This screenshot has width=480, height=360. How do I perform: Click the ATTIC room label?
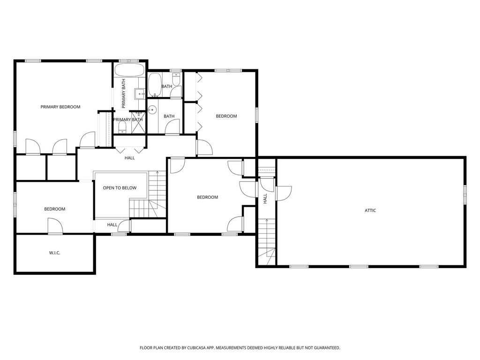point(370,210)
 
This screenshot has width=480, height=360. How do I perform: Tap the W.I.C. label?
point(54,253)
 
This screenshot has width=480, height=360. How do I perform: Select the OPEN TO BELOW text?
point(120,188)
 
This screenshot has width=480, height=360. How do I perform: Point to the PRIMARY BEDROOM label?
point(60,107)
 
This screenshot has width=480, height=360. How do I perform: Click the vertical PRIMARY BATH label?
point(124,93)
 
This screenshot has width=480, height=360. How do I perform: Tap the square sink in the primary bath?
point(140,94)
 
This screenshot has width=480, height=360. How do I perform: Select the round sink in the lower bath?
point(152,110)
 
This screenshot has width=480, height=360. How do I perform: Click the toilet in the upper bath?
point(176,80)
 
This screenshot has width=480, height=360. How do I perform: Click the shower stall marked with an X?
point(139,122)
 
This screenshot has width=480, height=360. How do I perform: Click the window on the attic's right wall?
point(465,195)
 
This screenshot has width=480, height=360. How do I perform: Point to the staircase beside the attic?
point(267,242)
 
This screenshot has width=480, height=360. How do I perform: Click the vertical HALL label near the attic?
point(265,198)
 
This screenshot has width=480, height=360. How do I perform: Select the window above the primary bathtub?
point(128,60)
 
